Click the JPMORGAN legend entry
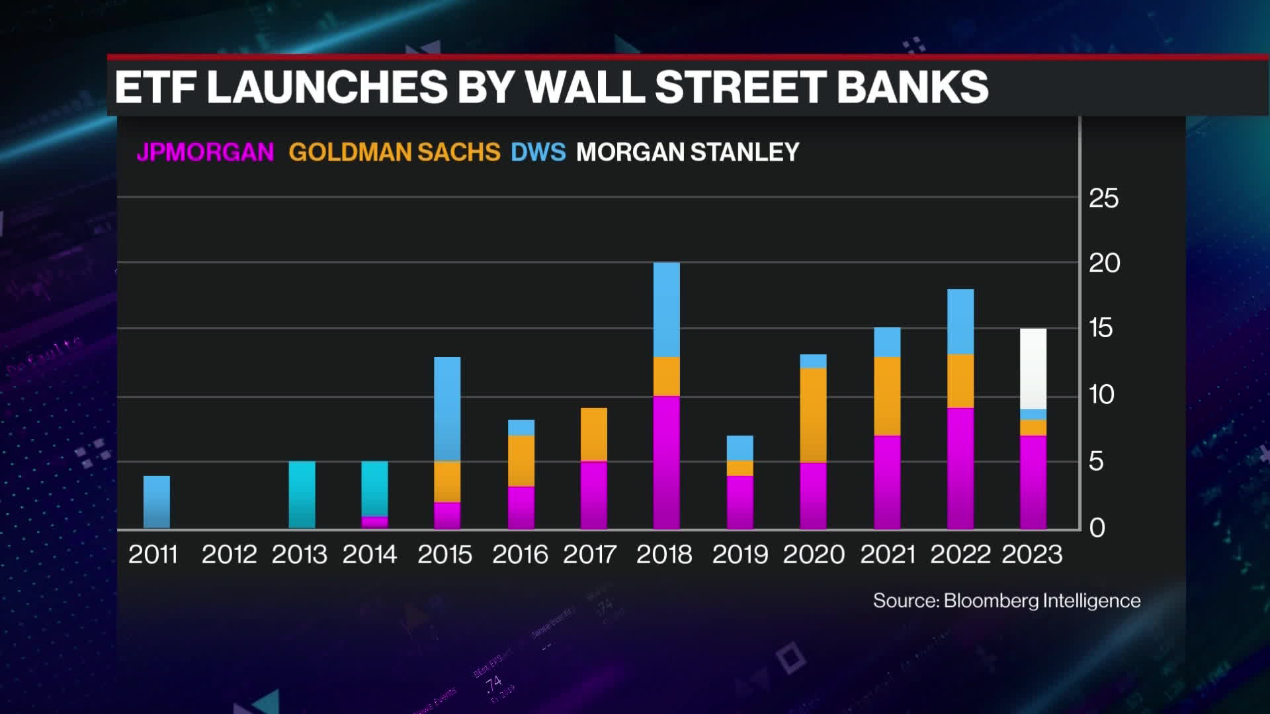tap(205, 152)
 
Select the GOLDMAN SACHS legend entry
tap(394, 152)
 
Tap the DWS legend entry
tap(538, 152)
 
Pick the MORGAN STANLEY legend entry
tap(687, 152)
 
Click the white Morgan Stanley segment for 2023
tap(1033, 369)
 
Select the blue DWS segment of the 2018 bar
tap(666, 309)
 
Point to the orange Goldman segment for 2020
tap(813, 415)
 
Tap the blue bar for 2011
tap(157, 502)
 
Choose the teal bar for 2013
tap(302, 495)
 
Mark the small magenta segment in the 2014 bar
tap(374, 522)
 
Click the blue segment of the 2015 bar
tap(447, 409)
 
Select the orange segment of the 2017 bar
tap(593, 434)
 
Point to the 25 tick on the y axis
tap(1103, 198)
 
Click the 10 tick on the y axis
tap(1101, 395)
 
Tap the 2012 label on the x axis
tap(229, 555)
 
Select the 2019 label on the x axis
tap(740, 555)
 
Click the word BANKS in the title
tap(912, 87)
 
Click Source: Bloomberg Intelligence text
tap(1006, 600)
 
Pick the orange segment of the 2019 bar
tap(740, 468)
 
